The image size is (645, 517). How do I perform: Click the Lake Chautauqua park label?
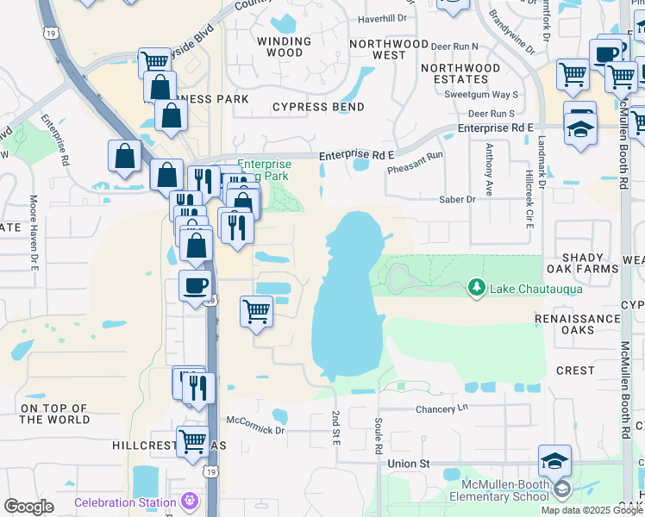[x=536, y=289]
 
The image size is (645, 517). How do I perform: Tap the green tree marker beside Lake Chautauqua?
[x=475, y=288]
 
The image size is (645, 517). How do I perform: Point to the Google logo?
[x=28, y=507]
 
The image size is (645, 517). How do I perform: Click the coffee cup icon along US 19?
[x=195, y=285]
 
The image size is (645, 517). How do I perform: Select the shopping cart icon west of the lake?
[x=256, y=310]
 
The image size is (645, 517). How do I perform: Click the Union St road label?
[x=409, y=464]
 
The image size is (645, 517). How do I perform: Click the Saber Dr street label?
[x=457, y=200]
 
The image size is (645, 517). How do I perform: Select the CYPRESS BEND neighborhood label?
[x=318, y=108]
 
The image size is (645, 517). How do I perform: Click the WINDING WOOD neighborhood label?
[x=285, y=47]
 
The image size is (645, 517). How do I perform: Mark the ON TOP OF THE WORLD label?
[x=54, y=414]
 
